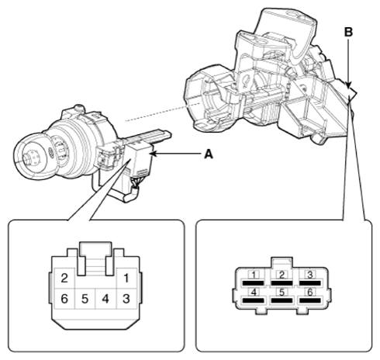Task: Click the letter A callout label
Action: pyautogui.click(x=209, y=154)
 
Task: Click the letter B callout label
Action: pyautogui.click(x=348, y=32)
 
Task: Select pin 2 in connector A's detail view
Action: pyautogui.click(x=64, y=279)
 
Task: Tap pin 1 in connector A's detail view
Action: pyautogui.click(x=126, y=279)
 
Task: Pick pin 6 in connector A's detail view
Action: pyautogui.click(x=64, y=299)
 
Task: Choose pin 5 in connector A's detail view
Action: pyautogui.click(x=85, y=299)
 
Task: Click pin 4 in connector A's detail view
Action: pyautogui.click(x=105, y=299)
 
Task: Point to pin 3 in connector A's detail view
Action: pyautogui.click(x=126, y=299)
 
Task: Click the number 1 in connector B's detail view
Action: pyautogui.click(x=254, y=275)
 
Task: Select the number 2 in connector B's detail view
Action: pyautogui.click(x=282, y=275)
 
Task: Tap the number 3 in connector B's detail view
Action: pyautogui.click(x=309, y=275)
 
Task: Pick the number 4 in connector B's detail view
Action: pyautogui.click(x=254, y=292)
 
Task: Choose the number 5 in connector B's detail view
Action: pyautogui.click(x=282, y=292)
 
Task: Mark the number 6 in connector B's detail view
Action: pyautogui.click(x=310, y=292)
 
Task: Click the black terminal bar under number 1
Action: pyautogui.click(x=254, y=283)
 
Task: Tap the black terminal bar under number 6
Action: pyautogui.click(x=310, y=300)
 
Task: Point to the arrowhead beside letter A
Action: pyautogui.click(x=154, y=154)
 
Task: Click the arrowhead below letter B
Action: pyautogui.click(x=348, y=85)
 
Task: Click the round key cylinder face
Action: pyautogui.click(x=30, y=157)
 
